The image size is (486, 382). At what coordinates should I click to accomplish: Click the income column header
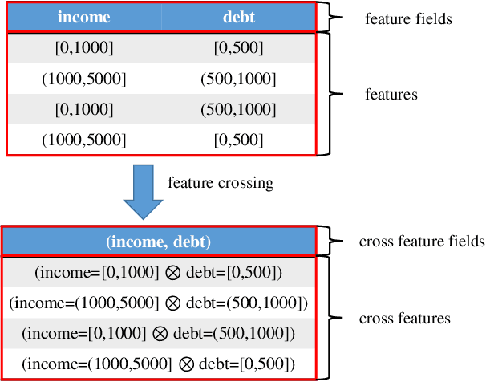coord(84,17)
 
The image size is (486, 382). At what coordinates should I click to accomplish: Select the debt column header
coord(238,17)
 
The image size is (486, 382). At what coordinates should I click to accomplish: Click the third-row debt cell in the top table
coord(238,109)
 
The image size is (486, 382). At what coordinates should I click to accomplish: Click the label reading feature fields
coord(408,18)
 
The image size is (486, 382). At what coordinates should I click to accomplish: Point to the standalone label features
coord(391,94)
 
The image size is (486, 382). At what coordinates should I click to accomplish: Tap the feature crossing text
coord(221,182)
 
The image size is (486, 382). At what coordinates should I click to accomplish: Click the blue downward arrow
coord(143,191)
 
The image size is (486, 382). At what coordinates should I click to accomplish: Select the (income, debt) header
coord(159,242)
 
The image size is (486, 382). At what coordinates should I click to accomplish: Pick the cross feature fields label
coord(421,242)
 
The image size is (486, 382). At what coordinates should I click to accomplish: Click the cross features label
coord(404,318)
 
